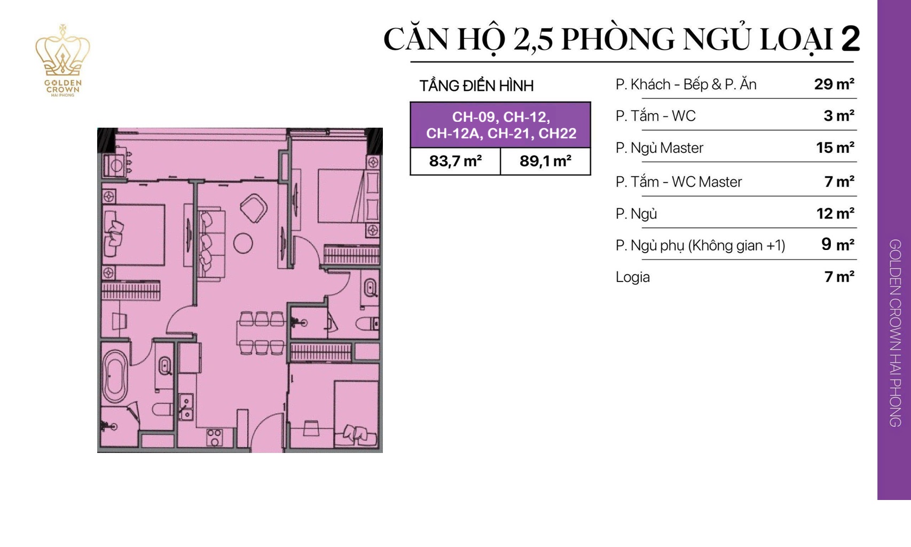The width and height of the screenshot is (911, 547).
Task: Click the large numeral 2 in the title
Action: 850,39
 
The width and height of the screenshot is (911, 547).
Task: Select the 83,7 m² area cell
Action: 455,161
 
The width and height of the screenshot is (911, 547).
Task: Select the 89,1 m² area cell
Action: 545,161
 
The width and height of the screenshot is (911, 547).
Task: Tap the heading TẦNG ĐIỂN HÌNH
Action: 476,85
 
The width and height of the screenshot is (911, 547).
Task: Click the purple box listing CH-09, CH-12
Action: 500,125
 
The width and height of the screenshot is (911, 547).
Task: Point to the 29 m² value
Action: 834,84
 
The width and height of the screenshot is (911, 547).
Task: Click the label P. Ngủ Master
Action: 659,148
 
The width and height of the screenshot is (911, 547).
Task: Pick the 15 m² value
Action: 835,147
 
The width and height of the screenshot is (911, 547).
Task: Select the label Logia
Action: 633,277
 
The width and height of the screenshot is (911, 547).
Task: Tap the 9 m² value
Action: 837,245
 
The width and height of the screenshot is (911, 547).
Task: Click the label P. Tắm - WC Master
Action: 678,182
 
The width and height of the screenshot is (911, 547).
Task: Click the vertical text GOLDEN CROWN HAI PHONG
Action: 894,332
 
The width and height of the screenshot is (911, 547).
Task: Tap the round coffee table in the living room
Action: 243,244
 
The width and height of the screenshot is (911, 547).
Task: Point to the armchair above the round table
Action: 254,208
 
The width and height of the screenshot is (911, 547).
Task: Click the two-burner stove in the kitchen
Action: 215,437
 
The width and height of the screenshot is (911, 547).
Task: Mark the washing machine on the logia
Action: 114,166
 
